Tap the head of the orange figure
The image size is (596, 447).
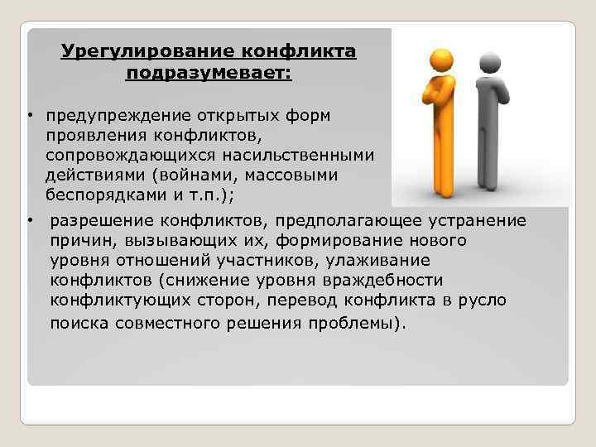click(436, 60)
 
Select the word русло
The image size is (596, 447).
click(483, 300)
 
